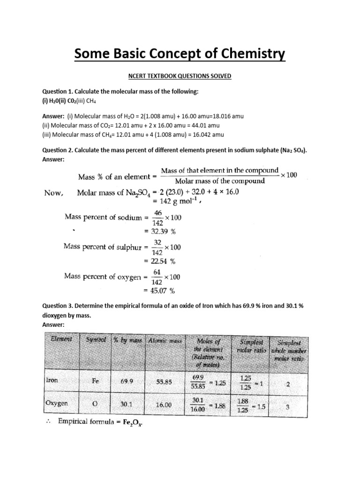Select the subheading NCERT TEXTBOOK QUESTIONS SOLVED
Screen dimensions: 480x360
pos(180,75)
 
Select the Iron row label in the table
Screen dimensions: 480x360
pos(52,381)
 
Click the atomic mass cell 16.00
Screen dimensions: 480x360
pos(164,405)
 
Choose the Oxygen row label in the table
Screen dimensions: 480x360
pos(57,403)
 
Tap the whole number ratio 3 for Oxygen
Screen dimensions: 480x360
pos(287,407)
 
